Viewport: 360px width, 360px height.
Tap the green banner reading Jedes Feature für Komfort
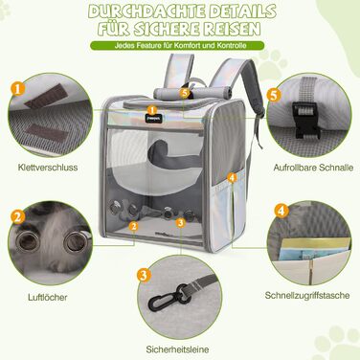[x=179, y=46]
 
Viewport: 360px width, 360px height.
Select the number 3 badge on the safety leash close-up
[x=142, y=276]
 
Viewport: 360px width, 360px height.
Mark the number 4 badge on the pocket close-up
[x=280, y=211]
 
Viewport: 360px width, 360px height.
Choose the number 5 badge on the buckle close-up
[x=273, y=96]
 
